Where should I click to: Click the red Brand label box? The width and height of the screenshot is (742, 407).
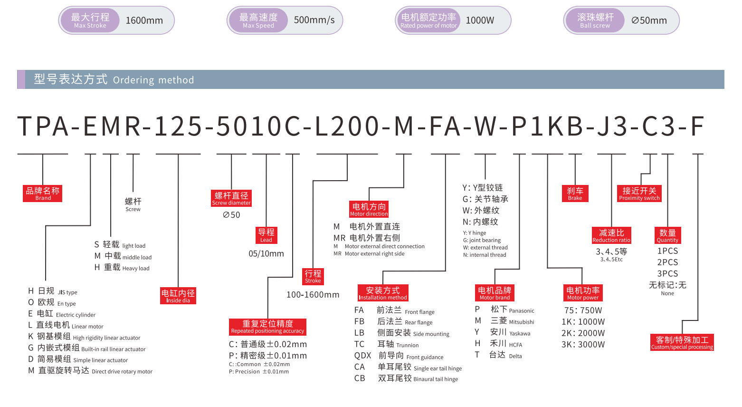point(43,193)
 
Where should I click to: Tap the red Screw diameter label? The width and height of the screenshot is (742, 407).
point(231,198)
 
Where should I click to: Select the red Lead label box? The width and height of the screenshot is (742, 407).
point(266,235)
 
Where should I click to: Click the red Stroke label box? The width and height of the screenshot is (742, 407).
point(313,276)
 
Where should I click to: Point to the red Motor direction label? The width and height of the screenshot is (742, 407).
point(369,209)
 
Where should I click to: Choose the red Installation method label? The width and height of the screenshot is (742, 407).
point(383,293)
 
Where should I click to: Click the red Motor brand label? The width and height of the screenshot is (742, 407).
point(495,293)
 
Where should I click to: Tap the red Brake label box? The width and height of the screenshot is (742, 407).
point(575,194)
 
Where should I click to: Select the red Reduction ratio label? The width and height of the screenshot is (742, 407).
point(611,235)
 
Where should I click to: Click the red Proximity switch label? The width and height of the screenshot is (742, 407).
point(639,194)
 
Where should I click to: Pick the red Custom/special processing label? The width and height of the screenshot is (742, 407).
point(682,342)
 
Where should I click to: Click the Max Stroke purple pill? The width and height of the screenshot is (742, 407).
point(90,20)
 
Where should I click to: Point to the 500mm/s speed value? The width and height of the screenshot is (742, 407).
point(314,20)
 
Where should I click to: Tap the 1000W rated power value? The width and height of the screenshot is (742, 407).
point(480,20)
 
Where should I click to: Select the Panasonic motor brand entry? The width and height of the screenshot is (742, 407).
point(512,310)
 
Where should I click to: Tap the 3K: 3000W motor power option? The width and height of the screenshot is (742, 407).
point(583,345)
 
